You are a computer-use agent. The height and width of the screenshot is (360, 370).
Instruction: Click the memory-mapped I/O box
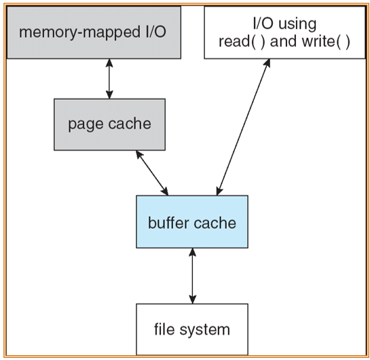click(94, 33)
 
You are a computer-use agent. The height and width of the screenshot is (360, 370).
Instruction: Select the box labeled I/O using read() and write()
click(284, 33)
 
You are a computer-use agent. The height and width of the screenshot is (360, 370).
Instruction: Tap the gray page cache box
click(109, 124)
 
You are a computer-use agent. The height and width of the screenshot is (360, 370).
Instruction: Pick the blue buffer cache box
click(192, 221)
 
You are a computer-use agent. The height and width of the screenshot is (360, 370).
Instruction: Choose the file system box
click(192, 329)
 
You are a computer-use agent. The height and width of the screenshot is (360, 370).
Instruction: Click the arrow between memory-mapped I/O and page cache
click(109, 79)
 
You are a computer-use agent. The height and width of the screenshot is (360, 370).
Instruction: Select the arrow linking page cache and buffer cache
click(152, 173)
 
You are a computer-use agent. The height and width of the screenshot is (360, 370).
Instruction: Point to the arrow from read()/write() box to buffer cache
click(243, 127)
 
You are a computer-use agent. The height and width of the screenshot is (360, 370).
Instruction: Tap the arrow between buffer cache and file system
click(193, 276)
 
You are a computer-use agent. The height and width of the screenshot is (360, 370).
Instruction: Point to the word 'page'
click(86, 125)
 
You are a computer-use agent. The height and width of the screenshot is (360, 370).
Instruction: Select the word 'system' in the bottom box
click(204, 330)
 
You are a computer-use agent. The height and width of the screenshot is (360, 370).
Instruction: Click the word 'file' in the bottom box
click(165, 329)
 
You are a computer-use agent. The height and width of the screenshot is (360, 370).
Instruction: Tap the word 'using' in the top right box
click(297, 24)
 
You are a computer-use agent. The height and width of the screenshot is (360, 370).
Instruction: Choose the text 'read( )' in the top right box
click(242, 42)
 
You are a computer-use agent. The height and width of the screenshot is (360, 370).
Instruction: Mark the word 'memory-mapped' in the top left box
click(79, 33)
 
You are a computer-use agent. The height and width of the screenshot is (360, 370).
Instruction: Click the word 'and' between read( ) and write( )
click(284, 41)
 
